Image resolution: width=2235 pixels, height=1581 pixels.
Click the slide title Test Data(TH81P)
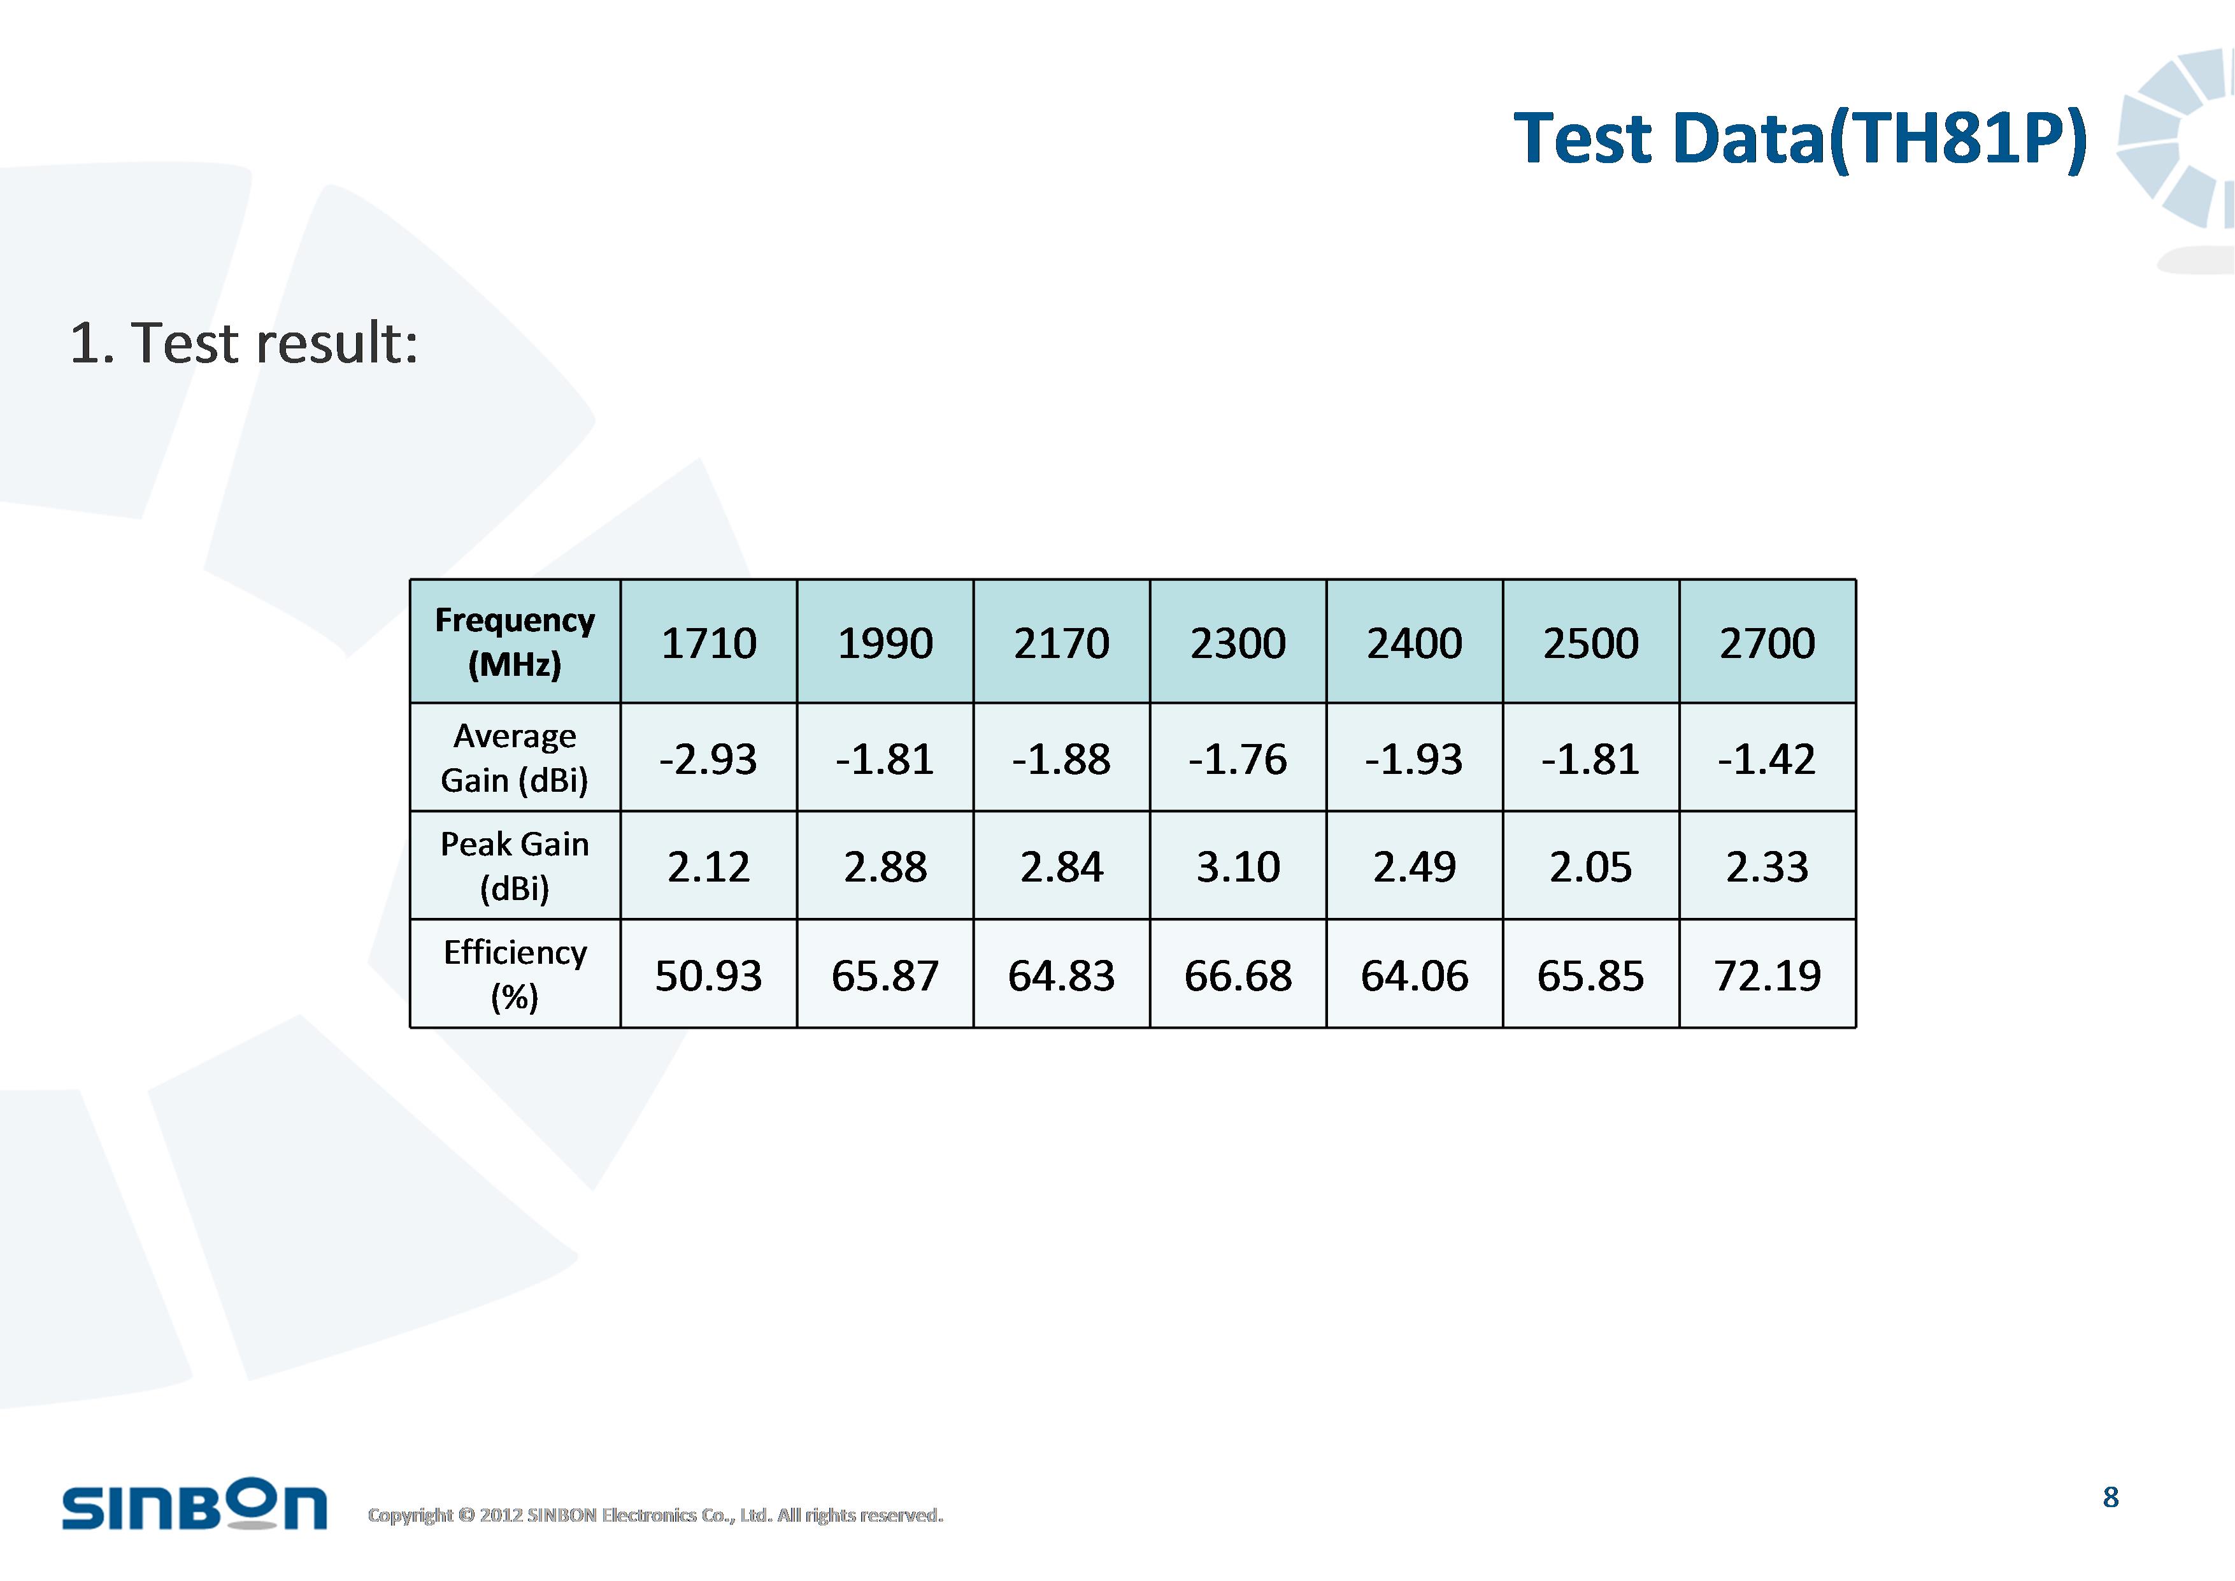[1800, 139]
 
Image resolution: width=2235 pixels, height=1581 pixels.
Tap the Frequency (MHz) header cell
[515, 641]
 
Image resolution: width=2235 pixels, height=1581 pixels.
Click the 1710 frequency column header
[709, 643]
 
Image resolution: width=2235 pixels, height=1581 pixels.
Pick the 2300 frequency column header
[1238, 643]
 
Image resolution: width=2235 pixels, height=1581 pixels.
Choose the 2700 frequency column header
[1767, 643]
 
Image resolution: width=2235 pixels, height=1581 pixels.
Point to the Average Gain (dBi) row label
[515, 757]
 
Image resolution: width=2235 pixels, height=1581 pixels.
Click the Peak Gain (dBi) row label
[515, 866]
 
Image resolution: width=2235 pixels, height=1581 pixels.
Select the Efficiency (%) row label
[515, 973]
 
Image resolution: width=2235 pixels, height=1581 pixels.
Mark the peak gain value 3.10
[1238, 866]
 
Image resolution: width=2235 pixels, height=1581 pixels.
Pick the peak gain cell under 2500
[1590, 866]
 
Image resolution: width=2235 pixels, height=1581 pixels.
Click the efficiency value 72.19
[1767, 975]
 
